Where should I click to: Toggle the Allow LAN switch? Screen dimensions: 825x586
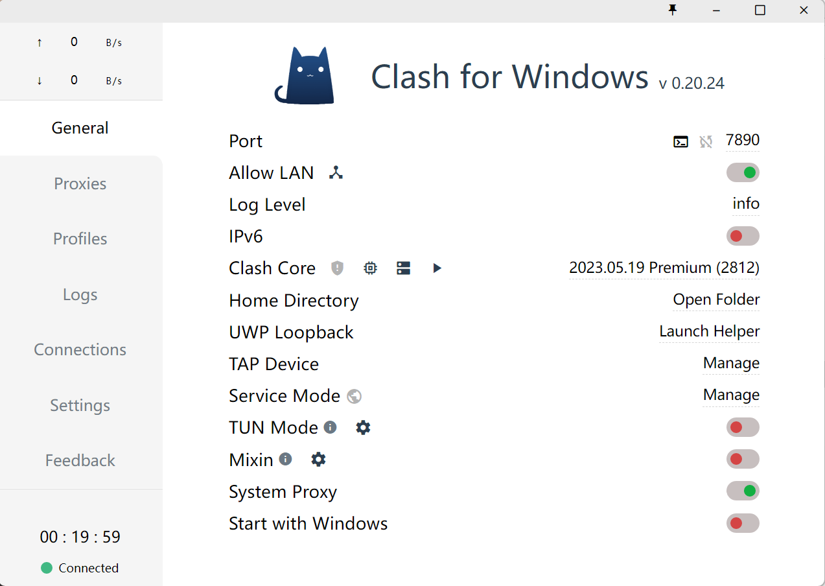pos(743,172)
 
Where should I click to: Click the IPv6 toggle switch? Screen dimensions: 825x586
pos(743,236)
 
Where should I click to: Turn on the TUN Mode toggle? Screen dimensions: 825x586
pos(743,427)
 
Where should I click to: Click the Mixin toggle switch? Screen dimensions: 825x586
pos(743,459)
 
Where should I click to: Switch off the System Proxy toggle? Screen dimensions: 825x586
pos(743,491)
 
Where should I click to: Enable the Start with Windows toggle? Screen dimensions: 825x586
pos(743,523)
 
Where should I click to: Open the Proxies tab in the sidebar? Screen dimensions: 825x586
pos(80,183)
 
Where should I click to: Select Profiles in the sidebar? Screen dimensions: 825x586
pos(80,239)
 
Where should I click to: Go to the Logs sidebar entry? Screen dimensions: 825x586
pos(80,295)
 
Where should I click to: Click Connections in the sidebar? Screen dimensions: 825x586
pos(80,349)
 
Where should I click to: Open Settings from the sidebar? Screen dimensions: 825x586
pos(80,405)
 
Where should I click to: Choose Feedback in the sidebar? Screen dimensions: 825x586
pos(80,460)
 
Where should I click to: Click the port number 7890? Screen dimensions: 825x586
pos(742,140)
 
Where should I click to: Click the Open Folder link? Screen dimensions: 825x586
pos(716,299)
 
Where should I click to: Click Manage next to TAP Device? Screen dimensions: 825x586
pos(731,363)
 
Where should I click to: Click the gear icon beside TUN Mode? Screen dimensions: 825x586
pos(363,428)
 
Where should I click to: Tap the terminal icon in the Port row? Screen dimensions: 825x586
pos(680,141)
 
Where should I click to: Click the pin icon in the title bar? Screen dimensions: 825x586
pos(673,10)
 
